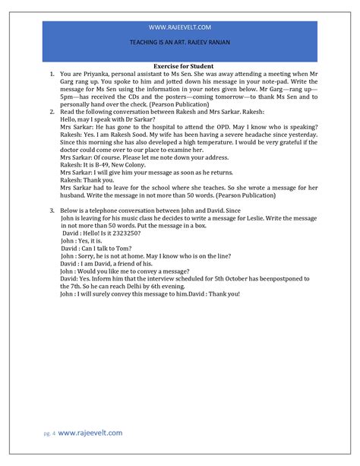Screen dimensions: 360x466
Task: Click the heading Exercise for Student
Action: point(180,67)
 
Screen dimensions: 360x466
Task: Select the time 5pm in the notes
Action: point(68,99)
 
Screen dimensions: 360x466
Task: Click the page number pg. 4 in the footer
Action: point(48,433)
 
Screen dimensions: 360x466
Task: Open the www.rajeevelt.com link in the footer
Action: point(90,433)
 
